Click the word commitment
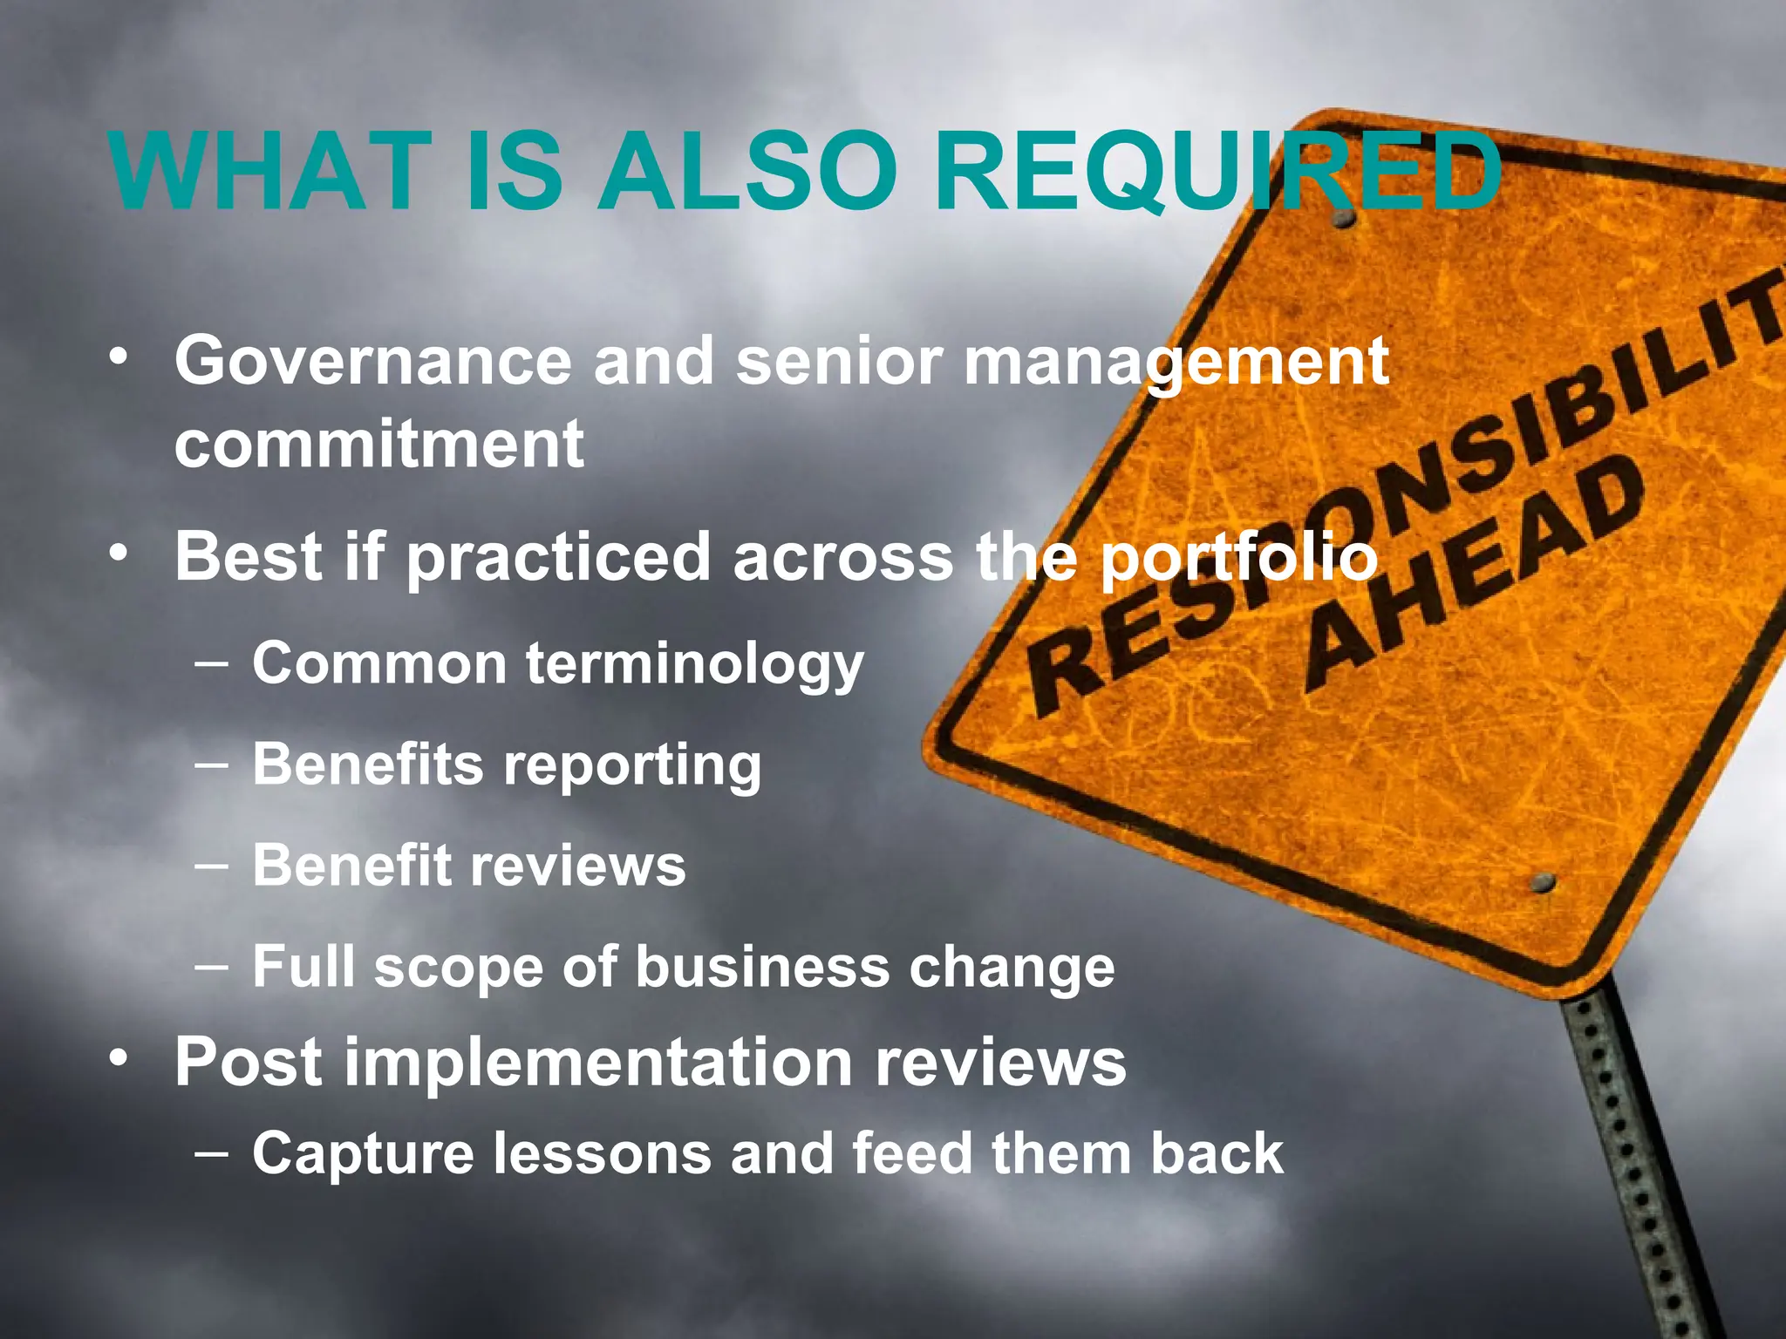coord(379,444)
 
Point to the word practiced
coord(558,558)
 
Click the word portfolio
coord(1238,558)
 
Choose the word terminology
coord(694,664)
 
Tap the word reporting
coord(632,765)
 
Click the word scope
coord(459,968)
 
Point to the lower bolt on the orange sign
coord(1544,882)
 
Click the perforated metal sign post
coord(1639,1159)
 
